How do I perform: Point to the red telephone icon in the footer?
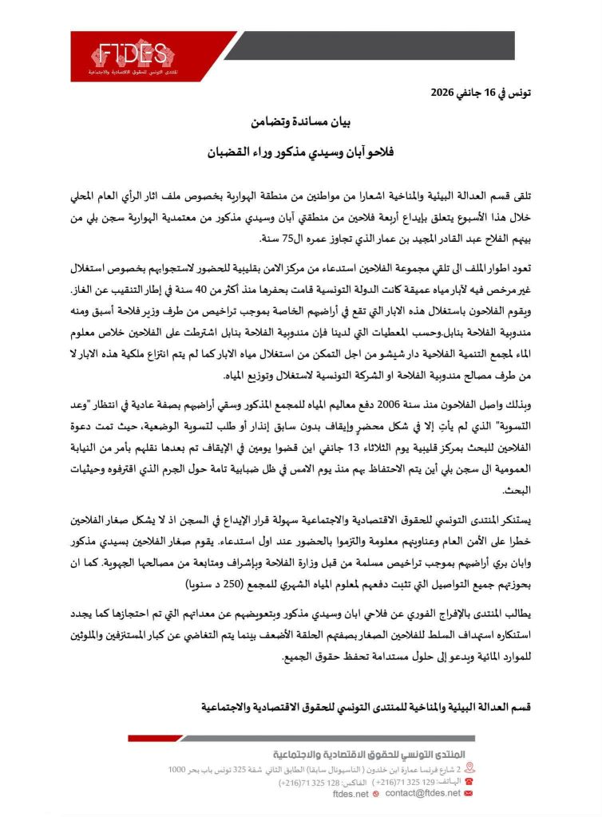pos(468,783)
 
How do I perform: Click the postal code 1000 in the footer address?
pos(177,769)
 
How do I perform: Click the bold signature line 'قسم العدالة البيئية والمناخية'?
pos(430,707)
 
